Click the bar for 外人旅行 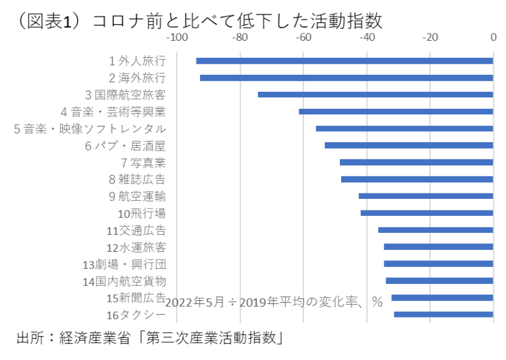coord(344,61)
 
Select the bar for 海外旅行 coord(346,78)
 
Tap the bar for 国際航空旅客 coord(375,95)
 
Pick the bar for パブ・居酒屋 coord(409,145)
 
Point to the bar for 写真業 coord(416,162)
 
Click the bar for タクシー coord(443,314)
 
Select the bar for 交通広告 coord(435,230)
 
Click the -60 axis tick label coord(303,38)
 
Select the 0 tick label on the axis coord(493,38)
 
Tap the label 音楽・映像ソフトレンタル coord(90,129)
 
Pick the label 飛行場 coord(141,213)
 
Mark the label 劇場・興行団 coord(124,265)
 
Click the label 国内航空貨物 coord(124,281)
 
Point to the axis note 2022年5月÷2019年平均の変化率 coord(274,302)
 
